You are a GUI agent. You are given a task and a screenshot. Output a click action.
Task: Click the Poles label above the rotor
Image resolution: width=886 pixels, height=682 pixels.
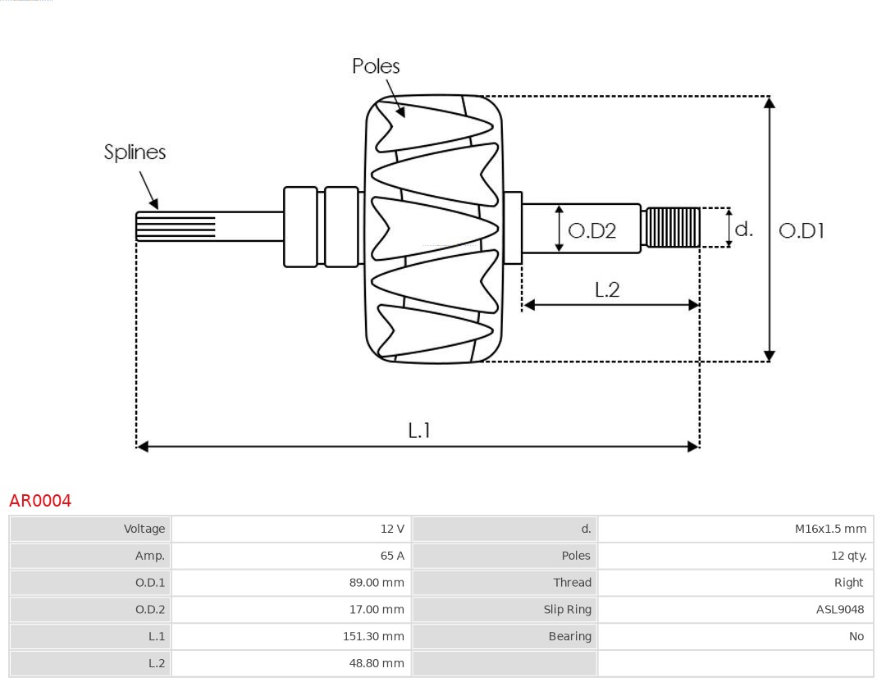click(x=376, y=66)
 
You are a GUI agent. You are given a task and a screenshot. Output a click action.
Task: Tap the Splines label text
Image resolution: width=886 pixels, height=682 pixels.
click(x=135, y=152)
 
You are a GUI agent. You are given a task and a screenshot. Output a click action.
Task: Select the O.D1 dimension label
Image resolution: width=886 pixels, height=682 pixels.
click(x=801, y=231)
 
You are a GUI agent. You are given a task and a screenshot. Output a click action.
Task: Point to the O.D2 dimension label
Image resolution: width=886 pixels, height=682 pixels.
click(x=591, y=231)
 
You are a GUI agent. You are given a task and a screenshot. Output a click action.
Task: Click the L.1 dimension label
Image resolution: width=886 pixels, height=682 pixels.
click(x=419, y=430)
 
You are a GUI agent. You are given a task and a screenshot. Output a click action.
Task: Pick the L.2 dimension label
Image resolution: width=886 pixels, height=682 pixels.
click(x=606, y=289)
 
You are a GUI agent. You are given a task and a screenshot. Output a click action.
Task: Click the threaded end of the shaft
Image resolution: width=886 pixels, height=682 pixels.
click(x=672, y=228)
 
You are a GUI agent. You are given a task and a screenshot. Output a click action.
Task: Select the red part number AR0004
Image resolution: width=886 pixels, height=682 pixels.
click(x=40, y=501)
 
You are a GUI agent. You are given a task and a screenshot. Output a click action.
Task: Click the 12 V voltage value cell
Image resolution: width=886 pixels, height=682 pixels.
click(x=392, y=529)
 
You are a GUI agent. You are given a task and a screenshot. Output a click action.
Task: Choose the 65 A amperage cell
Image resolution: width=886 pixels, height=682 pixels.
click(x=392, y=556)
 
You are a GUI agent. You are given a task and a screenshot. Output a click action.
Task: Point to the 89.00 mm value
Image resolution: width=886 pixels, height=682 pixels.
click(x=377, y=583)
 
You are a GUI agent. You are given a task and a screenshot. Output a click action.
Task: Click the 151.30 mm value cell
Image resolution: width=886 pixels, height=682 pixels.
click(x=373, y=636)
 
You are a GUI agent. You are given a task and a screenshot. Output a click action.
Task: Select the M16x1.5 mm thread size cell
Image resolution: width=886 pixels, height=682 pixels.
click(x=829, y=529)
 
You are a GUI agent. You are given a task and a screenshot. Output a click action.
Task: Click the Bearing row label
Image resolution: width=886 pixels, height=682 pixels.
click(x=569, y=636)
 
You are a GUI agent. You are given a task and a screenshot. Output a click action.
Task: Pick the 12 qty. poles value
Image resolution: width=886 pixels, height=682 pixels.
click(x=848, y=556)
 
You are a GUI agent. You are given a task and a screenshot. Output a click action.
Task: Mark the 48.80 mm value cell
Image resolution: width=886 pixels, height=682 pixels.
click(x=377, y=663)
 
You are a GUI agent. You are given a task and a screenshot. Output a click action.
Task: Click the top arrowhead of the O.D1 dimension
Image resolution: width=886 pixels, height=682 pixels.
click(x=769, y=102)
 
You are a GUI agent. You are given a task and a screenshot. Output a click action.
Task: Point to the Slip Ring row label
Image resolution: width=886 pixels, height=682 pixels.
click(x=567, y=609)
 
